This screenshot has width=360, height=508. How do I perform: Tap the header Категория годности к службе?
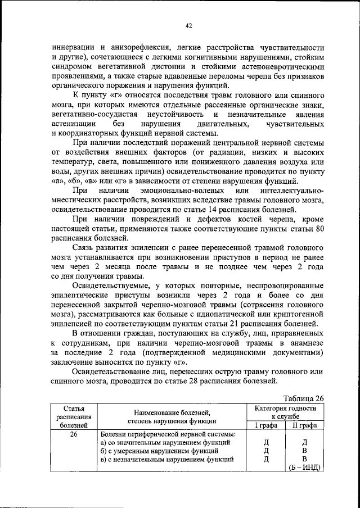click(285, 412)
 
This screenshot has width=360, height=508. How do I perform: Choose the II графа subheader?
click(304, 425)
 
